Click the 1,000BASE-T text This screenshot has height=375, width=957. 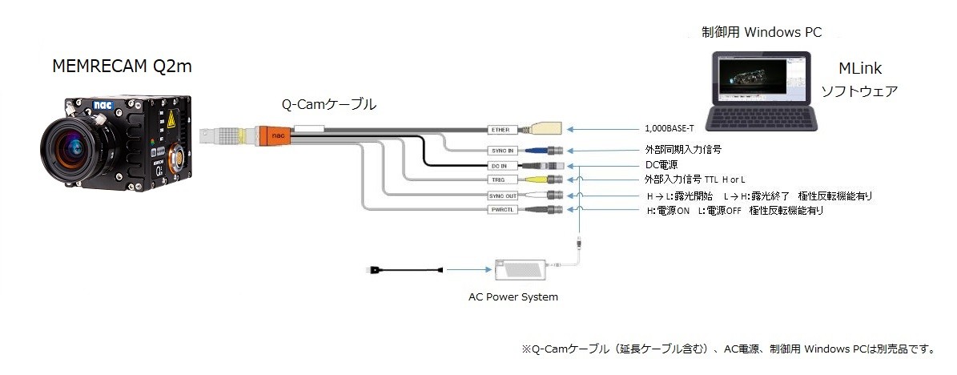pyautogui.click(x=669, y=128)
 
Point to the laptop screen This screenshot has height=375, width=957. pyautogui.click(x=756, y=79)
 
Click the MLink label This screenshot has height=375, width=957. pyautogui.click(x=859, y=69)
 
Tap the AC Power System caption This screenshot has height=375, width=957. pyautogui.click(x=513, y=297)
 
